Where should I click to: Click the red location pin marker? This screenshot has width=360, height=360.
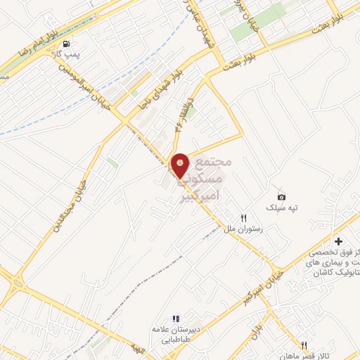point(181,165)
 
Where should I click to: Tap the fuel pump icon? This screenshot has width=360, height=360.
point(66,43)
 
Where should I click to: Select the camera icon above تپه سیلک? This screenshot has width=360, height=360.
point(281,198)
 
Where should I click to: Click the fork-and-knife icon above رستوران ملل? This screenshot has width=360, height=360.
point(244,219)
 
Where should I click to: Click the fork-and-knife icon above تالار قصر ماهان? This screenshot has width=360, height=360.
point(304,345)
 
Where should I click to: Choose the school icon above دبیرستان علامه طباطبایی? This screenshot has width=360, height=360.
point(176,319)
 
